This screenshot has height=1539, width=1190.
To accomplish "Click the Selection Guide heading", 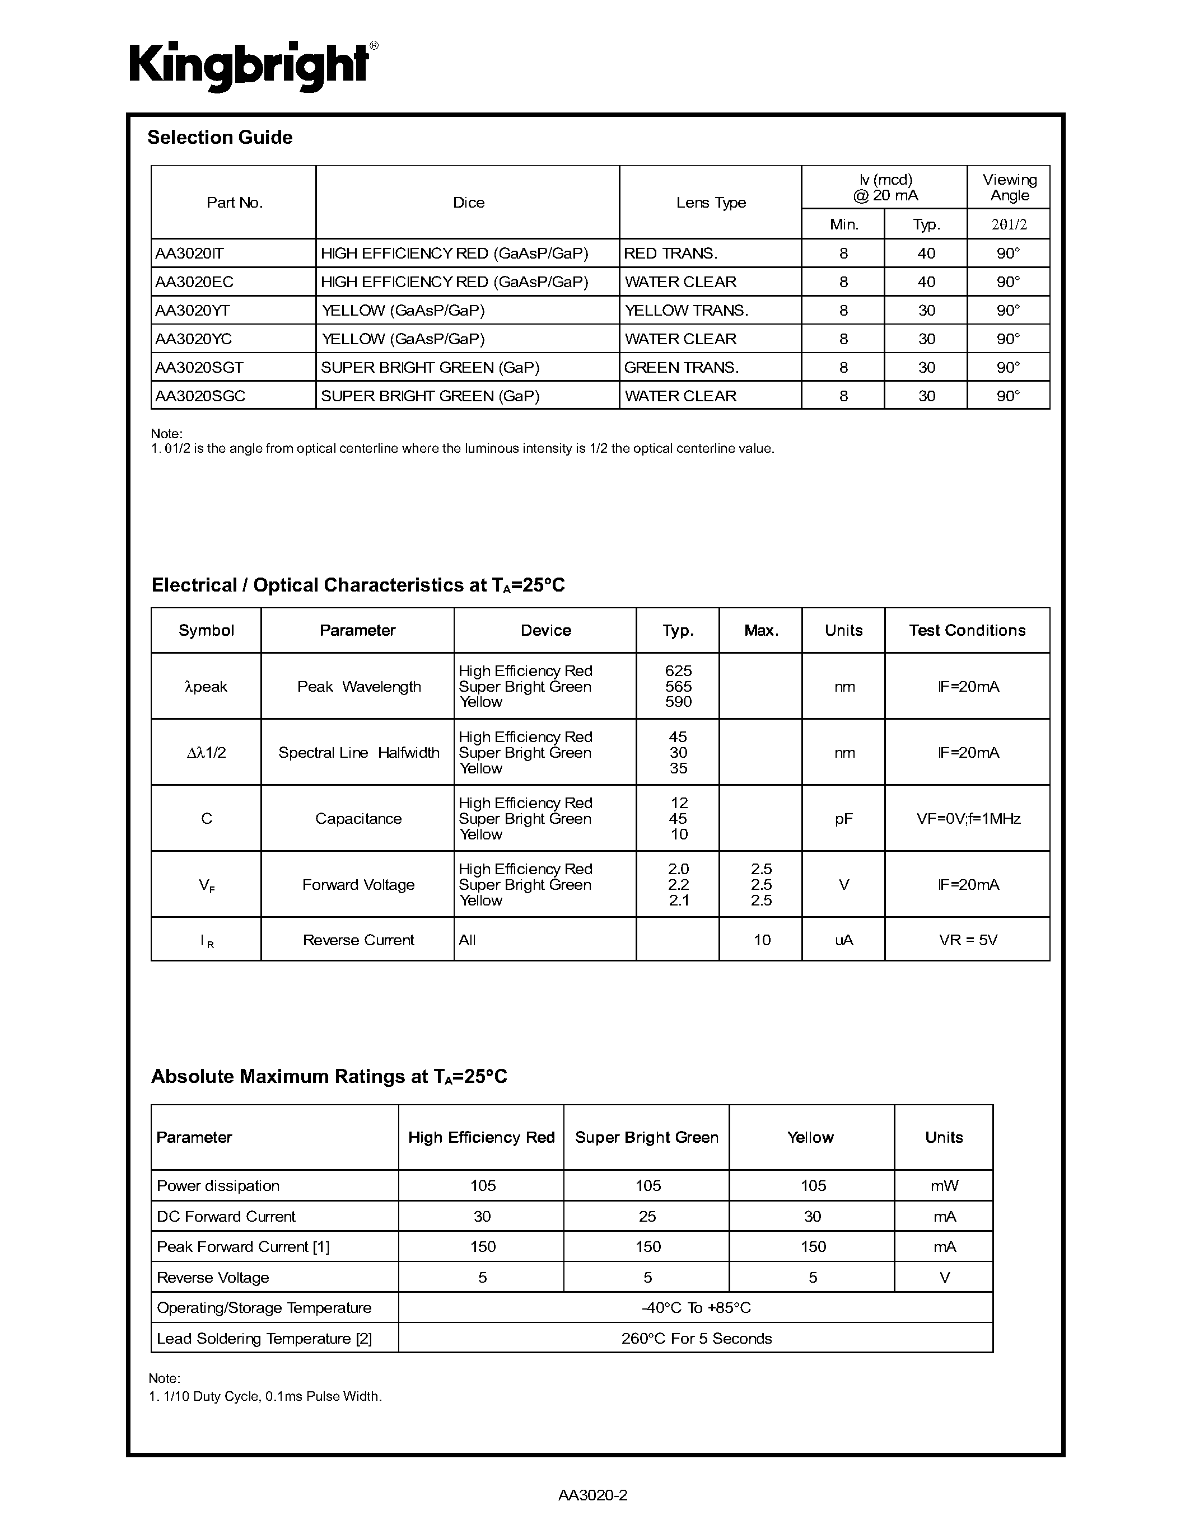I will click(x=220, y=138).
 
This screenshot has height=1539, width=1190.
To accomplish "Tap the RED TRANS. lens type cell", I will click(x=670, y=253).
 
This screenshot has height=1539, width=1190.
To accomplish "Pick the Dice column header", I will click(x=468, y=202).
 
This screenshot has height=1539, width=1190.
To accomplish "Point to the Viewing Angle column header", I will click(x=1009, y=187).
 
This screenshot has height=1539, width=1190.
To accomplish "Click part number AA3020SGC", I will click(x=200, y=396).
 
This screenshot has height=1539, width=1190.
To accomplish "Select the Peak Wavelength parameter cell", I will click(x=358, y=686).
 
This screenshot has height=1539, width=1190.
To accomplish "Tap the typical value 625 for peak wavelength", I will click(x=678, y=671).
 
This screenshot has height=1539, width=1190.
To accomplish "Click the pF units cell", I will click(x=843, y=818).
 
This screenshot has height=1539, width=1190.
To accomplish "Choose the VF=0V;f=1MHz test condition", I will click(x=968, y=818).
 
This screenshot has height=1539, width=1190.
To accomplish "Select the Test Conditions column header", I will click(x=967, y=630).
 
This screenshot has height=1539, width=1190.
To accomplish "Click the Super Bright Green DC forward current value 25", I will click(x=647, y=1216).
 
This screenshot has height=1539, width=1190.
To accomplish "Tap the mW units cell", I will click(x=944, y=1185).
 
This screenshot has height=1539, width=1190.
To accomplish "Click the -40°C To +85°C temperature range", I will click(x=696, y=1307).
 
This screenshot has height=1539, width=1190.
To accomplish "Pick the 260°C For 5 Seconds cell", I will click(x=696, y=1338).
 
